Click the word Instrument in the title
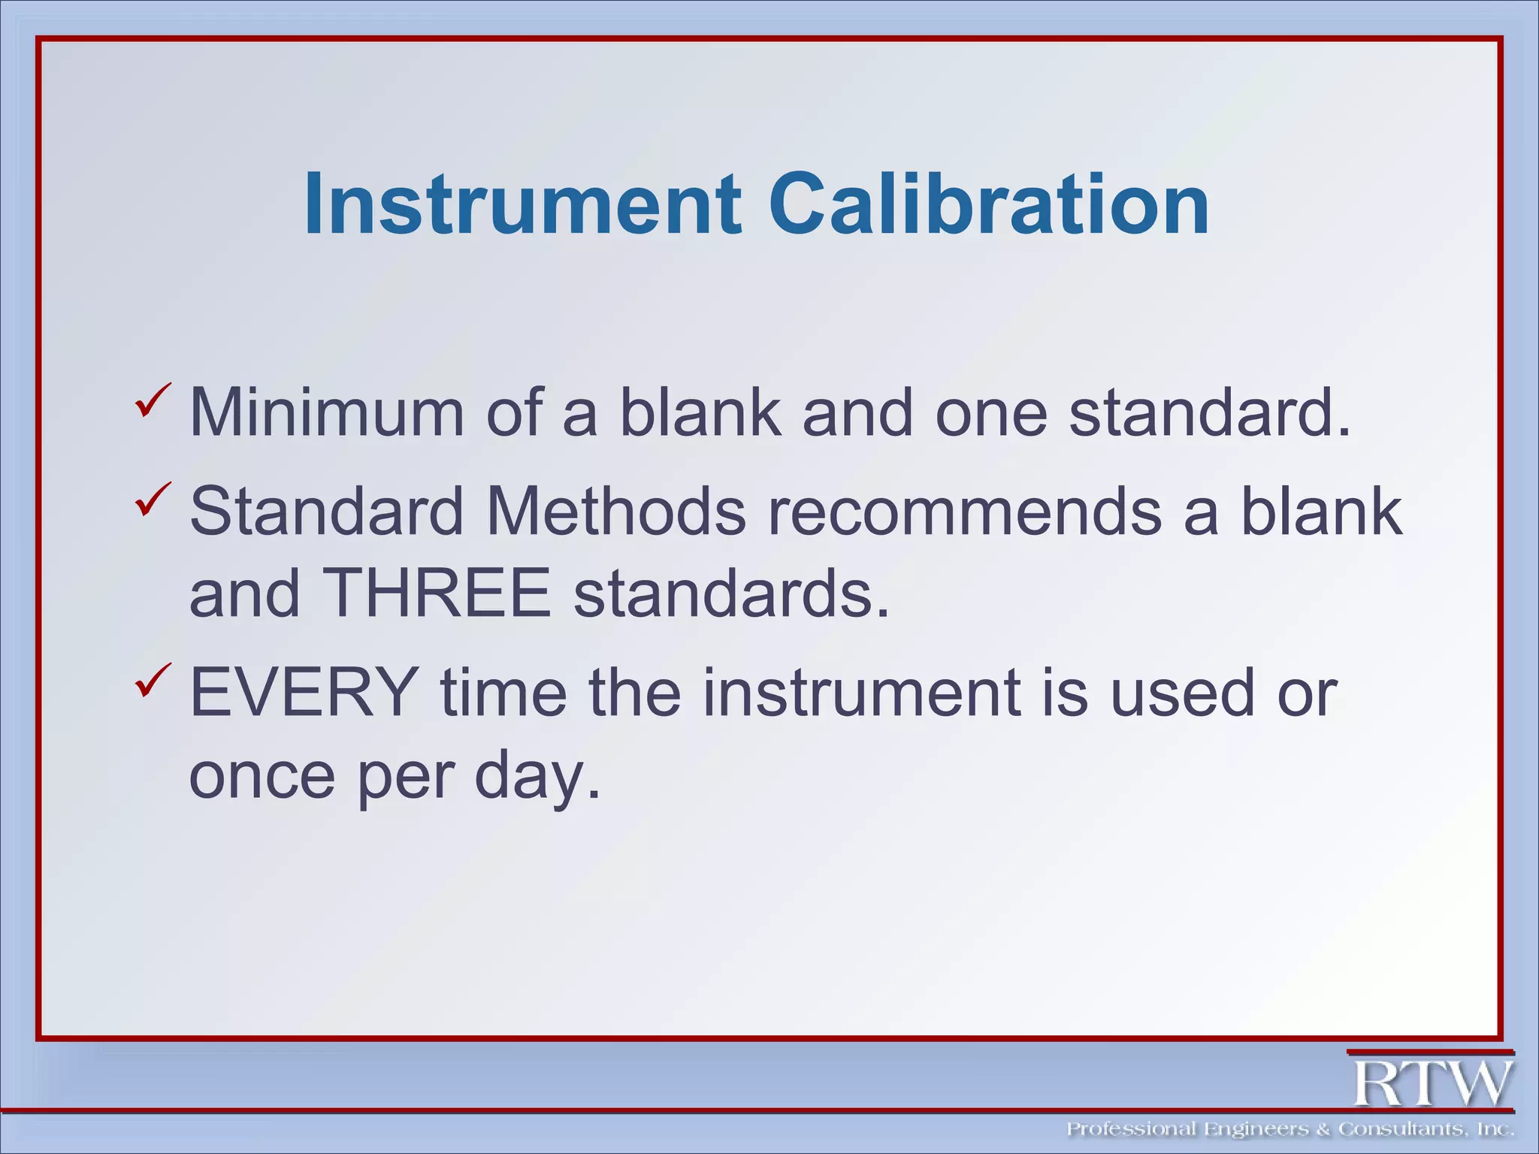522,204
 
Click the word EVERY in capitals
304,693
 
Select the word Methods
616,512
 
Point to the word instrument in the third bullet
863,693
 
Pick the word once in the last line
262,775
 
